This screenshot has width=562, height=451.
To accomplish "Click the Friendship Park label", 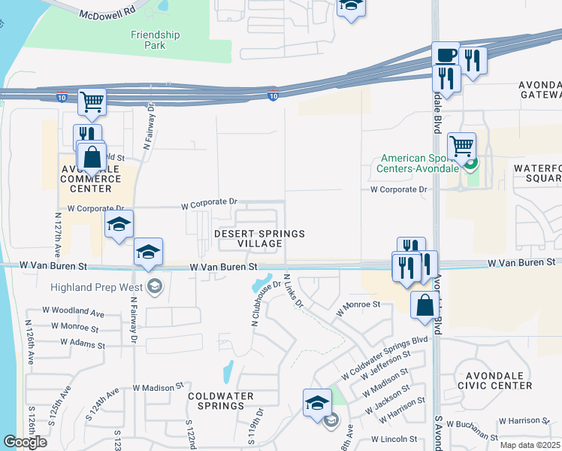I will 156,40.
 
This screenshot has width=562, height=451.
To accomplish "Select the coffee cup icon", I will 445,56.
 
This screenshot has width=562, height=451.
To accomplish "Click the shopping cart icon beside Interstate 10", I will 92,101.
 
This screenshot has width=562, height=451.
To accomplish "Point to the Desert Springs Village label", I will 260,238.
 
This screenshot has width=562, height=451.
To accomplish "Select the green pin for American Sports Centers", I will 470,163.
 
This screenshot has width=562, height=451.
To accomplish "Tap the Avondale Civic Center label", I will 498,380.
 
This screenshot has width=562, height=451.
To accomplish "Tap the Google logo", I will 25,442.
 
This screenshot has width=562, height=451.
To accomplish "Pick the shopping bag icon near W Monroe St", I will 425,305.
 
